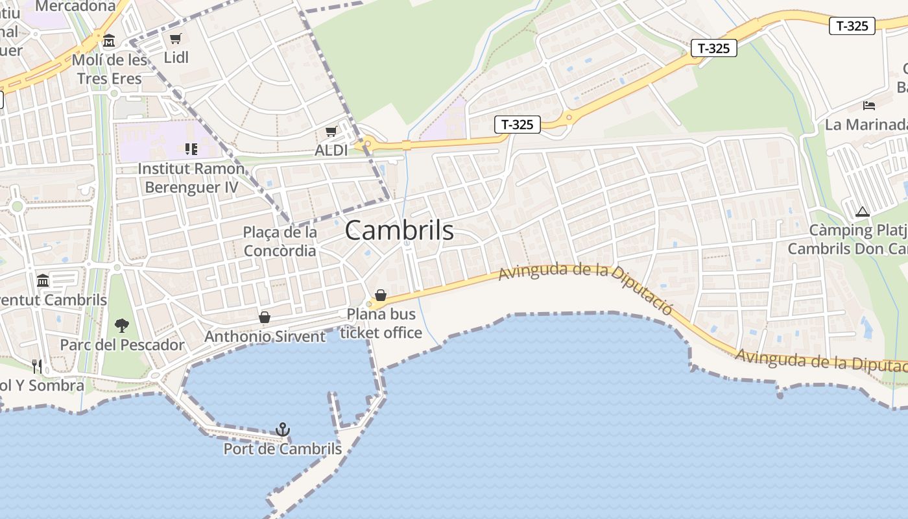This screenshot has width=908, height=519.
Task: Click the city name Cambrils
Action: [399, 230]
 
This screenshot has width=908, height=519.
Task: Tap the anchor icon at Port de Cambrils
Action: [283, 429]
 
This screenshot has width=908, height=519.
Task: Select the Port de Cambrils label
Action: [282, 449]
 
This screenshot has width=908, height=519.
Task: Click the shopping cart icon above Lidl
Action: [176, 39]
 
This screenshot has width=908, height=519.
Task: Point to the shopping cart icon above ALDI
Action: [331, 132]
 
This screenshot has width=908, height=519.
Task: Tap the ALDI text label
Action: [331, 151]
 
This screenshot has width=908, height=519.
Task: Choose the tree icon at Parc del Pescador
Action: [121, 325]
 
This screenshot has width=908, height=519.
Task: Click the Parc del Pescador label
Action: [122, 344]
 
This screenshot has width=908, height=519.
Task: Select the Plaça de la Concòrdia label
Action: [280, 241]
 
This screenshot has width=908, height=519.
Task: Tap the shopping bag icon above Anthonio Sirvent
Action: [265, 317]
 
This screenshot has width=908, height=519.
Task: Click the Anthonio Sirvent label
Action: [265, 336]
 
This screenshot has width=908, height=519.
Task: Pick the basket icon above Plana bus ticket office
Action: [381, 296]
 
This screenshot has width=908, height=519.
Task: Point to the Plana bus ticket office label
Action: [381, 323]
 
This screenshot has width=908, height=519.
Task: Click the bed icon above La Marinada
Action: [869, 105]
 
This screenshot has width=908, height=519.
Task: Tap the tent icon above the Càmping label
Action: [862, 211]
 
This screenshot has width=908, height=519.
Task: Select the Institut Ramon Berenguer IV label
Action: [191, 178]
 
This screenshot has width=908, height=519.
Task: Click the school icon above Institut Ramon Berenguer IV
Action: [191, 149]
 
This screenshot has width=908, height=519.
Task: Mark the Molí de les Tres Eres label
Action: [110, 69]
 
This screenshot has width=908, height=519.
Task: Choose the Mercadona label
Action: [75, 6]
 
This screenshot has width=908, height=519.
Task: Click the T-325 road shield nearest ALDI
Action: [517, 125]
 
